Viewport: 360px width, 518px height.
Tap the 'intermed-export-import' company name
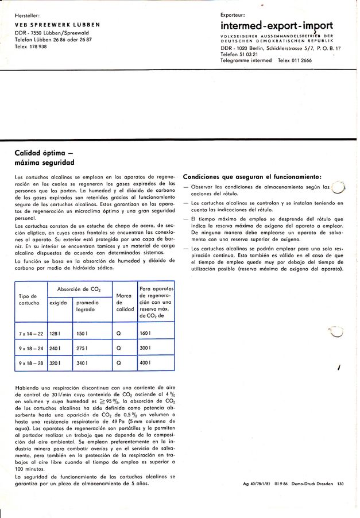click(277, 26)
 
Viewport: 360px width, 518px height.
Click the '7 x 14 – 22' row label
click(31, 333)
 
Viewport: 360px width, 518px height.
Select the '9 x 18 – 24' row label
click(31, 348)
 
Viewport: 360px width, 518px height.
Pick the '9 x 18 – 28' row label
click(31, 363)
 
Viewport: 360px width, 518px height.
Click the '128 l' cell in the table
click(56, 333)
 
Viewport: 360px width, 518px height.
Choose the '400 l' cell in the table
click(145, 363)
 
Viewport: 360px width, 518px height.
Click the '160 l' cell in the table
click(145, 333)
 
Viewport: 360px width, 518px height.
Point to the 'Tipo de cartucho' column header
click(28, 299)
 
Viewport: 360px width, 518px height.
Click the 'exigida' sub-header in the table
click(59, 302)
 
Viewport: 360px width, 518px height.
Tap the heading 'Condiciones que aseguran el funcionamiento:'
click(252, 176)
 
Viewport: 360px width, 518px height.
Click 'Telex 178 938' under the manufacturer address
click(31, 46)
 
